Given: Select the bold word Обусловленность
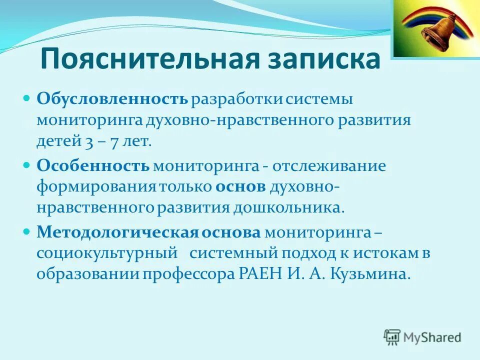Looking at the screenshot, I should (x=112, y=98).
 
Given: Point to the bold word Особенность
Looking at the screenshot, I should (x=93, y=166).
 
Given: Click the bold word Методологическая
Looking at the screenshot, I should (x=118, y=232).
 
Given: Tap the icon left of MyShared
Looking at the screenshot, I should (x=392, y=336).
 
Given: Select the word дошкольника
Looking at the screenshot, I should (x=288, y=207).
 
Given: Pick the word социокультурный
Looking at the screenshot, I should (x=107, y=253).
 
